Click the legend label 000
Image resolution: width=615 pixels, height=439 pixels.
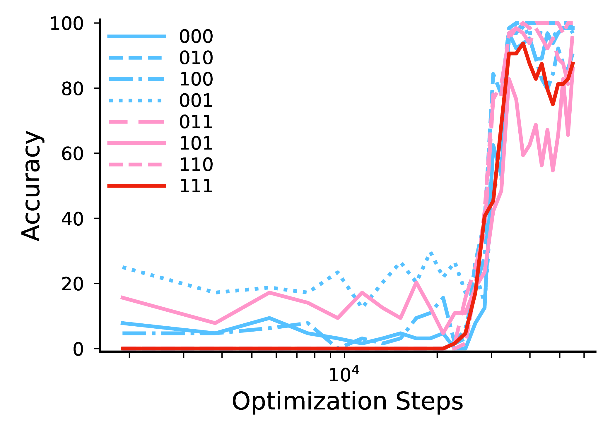(x=196, y=37)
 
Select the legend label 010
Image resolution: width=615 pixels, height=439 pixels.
(x=196, y=58)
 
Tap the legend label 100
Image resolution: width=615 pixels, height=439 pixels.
(x=196, y=79)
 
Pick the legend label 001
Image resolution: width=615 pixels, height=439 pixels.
(x=196, y=101)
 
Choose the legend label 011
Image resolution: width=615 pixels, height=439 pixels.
(x=196, y=122)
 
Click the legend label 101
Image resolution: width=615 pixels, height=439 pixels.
(x=196, y=143)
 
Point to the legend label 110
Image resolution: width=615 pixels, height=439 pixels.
(x=196, y=165)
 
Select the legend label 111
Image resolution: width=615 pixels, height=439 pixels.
(x=196, y=186)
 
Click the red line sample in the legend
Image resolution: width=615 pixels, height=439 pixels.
(x=136, y=186)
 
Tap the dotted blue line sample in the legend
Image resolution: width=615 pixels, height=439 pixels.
(x=136, y=101)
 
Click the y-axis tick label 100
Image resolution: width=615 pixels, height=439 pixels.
(x=67, y=24)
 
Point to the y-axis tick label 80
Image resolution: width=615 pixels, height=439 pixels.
(x=72, y=89)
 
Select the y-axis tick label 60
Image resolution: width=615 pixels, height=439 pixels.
(x=72, y=154)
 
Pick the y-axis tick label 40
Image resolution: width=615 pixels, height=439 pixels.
(x=72, y=219)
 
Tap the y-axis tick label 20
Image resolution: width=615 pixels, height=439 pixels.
(x=72, y=284)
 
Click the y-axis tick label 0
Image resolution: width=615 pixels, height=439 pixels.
(x=78, y=349)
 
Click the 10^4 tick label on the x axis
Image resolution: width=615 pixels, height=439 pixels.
(x=344, y=375)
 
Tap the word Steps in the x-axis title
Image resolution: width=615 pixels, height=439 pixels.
(x=429, y=401)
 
